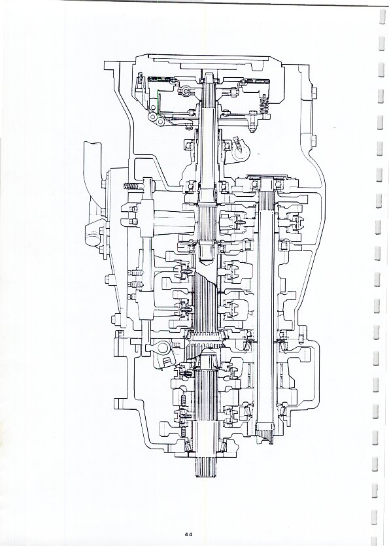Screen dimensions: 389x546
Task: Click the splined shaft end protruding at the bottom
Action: pyautogui.click(x=207, y=466)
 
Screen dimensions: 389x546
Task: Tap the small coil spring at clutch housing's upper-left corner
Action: pyautogui.click(x=141, y=79)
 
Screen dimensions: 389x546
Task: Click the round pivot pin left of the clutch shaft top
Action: pyautogui.click(x=186, y=92)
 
